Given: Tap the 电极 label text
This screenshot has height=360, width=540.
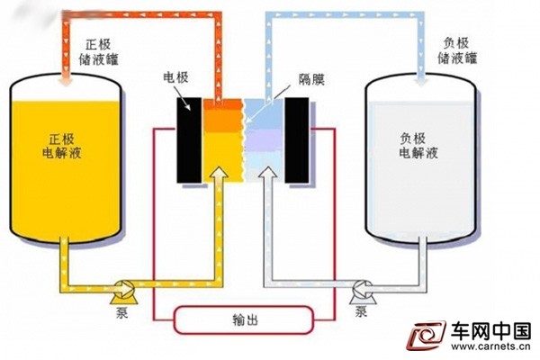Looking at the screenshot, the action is (175, 77).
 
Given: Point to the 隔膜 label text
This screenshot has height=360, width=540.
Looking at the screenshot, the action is (311, 80).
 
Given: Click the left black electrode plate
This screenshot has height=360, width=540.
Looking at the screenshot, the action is (189, 140).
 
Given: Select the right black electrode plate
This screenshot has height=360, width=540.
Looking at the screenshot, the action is (296, 140).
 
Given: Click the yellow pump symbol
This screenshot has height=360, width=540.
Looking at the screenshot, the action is (123, 292).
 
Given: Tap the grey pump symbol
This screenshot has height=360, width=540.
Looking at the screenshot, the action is (363, 292).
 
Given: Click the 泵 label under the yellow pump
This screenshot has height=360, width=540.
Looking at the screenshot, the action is (121, 312).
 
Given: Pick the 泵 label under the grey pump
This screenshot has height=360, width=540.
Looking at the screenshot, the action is (361, 311).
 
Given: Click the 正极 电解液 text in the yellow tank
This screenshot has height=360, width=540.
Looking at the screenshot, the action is (62, 146).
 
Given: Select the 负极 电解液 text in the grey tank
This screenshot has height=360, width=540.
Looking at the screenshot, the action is (418, 146).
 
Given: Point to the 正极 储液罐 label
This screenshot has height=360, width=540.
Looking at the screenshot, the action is (98, 52).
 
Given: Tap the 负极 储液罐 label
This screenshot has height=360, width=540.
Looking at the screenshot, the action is (457, 50).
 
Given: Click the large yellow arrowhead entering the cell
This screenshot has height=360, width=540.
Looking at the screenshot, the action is (219, 173).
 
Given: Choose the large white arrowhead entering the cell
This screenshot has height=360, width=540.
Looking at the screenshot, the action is (268, 173).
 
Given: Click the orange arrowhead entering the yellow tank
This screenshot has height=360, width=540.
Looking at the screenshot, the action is (65, 80).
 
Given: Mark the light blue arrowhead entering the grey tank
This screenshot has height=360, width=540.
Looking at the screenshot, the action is (421, 81).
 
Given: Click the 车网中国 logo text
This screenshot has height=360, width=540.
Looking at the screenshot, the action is (491, 331).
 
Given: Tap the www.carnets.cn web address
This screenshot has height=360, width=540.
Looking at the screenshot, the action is (490, 346).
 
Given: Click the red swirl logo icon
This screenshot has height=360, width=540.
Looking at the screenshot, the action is (427, 335).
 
